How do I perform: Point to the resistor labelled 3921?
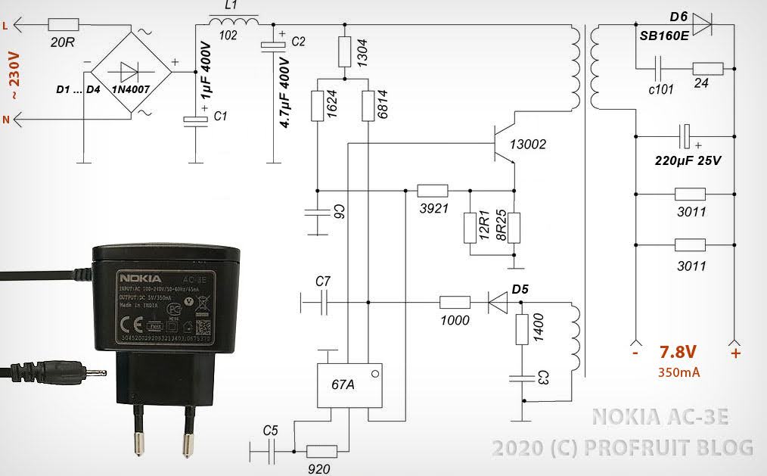pos(433,191)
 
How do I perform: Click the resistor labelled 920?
pos(321,451)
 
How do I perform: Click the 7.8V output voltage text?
pos(678,352)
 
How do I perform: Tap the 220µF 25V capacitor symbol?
pos(685,137)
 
